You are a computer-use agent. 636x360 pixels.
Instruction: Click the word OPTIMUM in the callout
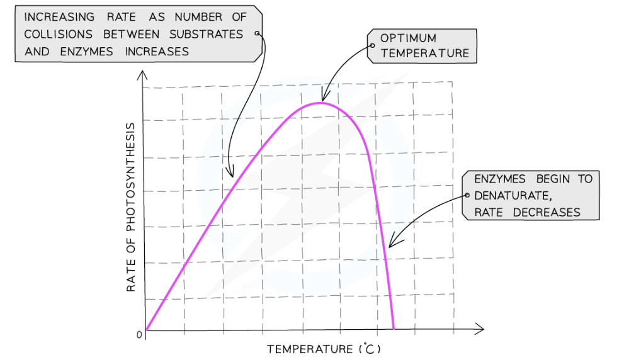click(407, 38)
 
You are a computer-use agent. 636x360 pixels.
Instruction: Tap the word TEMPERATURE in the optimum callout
click(424, 53)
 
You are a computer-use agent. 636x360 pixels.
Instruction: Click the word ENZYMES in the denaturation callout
click(500, 179)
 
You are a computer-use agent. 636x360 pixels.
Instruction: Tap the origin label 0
click(139, 335)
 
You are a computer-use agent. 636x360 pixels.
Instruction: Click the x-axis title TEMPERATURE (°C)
click(324, 349)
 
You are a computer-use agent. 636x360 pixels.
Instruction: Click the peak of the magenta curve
click(321, 102)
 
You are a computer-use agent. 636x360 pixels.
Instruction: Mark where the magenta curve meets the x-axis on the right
click(394, 329)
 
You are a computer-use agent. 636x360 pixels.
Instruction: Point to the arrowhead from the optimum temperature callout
click(324, 98)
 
